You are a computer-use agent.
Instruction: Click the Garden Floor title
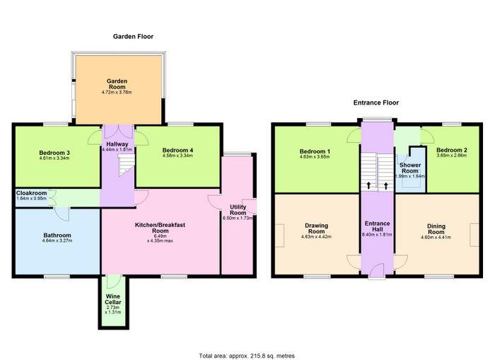click(x=133, y=37)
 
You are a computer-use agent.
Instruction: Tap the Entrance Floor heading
click(x=376, y=103)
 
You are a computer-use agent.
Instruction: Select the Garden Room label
click(x=117, y=84)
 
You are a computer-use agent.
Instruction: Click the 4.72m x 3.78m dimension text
click(x=117, y=93)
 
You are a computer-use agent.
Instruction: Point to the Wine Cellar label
click(x=113, y=299)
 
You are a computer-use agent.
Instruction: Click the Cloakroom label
click(x=32, y=193)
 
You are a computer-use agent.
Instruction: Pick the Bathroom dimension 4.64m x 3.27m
click(x=57, y=240)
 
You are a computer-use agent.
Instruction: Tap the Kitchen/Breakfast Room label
click(x=160, y=228)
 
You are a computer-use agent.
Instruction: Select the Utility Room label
click(x=238, y=209)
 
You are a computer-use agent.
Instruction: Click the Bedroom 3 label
click(x=54, y=153)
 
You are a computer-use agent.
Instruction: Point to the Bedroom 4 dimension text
click(x=177, y=156)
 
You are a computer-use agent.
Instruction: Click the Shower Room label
click(x=410, y=168)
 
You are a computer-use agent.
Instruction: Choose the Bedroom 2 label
click(x=451, y=150)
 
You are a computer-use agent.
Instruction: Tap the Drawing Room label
click(x=316, y=228)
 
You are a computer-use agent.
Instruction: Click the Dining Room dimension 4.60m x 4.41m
click(x=436, y=237)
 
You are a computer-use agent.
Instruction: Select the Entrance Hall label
click(x=377, y=226)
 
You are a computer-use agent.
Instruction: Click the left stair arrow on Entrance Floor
click(x=368, y=185)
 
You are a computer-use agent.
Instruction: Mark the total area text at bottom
click(x=247, y=356)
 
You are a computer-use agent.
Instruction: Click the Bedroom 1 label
click(x=315, y=151)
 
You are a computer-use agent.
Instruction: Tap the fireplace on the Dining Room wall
click(x=474, y=235)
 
